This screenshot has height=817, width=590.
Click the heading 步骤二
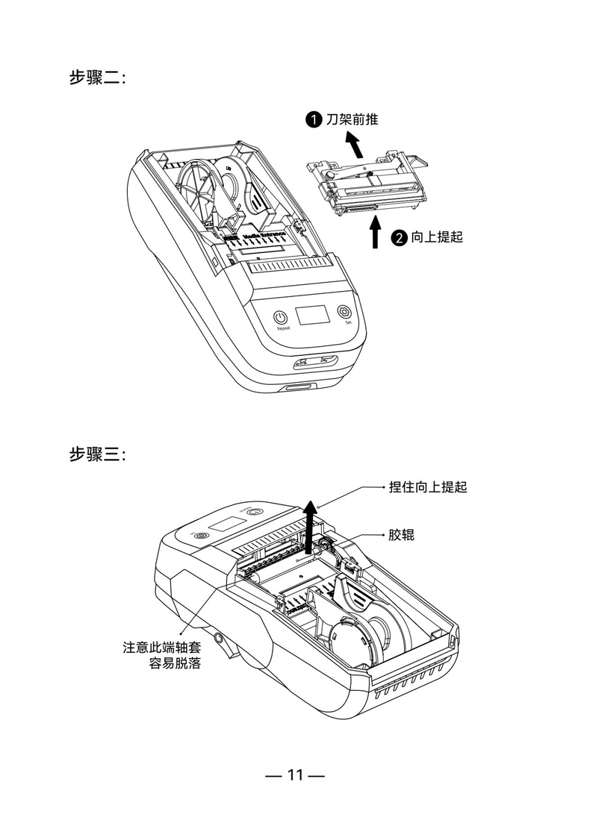(97, 78)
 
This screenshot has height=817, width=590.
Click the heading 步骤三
(97, 454)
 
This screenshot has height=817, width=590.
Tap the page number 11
(295, 775)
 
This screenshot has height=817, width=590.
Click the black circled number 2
(400, 238)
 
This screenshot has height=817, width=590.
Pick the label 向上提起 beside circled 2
(437, 238)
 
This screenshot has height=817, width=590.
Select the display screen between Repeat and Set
(312, 316)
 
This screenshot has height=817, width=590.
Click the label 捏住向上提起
(428, 487)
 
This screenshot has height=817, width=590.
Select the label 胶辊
(401, 535)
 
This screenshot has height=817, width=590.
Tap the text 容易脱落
(175, 663)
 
